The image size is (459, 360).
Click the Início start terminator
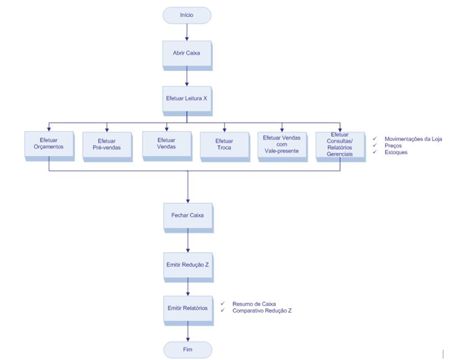point(187,15)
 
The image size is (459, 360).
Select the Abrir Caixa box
point(187,54)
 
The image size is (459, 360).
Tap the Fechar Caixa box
point(187,215)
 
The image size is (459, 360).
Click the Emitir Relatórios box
point(187,308)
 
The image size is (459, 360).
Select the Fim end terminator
point(187,349)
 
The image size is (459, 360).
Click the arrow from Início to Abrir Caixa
point(187,32)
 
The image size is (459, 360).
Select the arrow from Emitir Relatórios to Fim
point(187,331)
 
